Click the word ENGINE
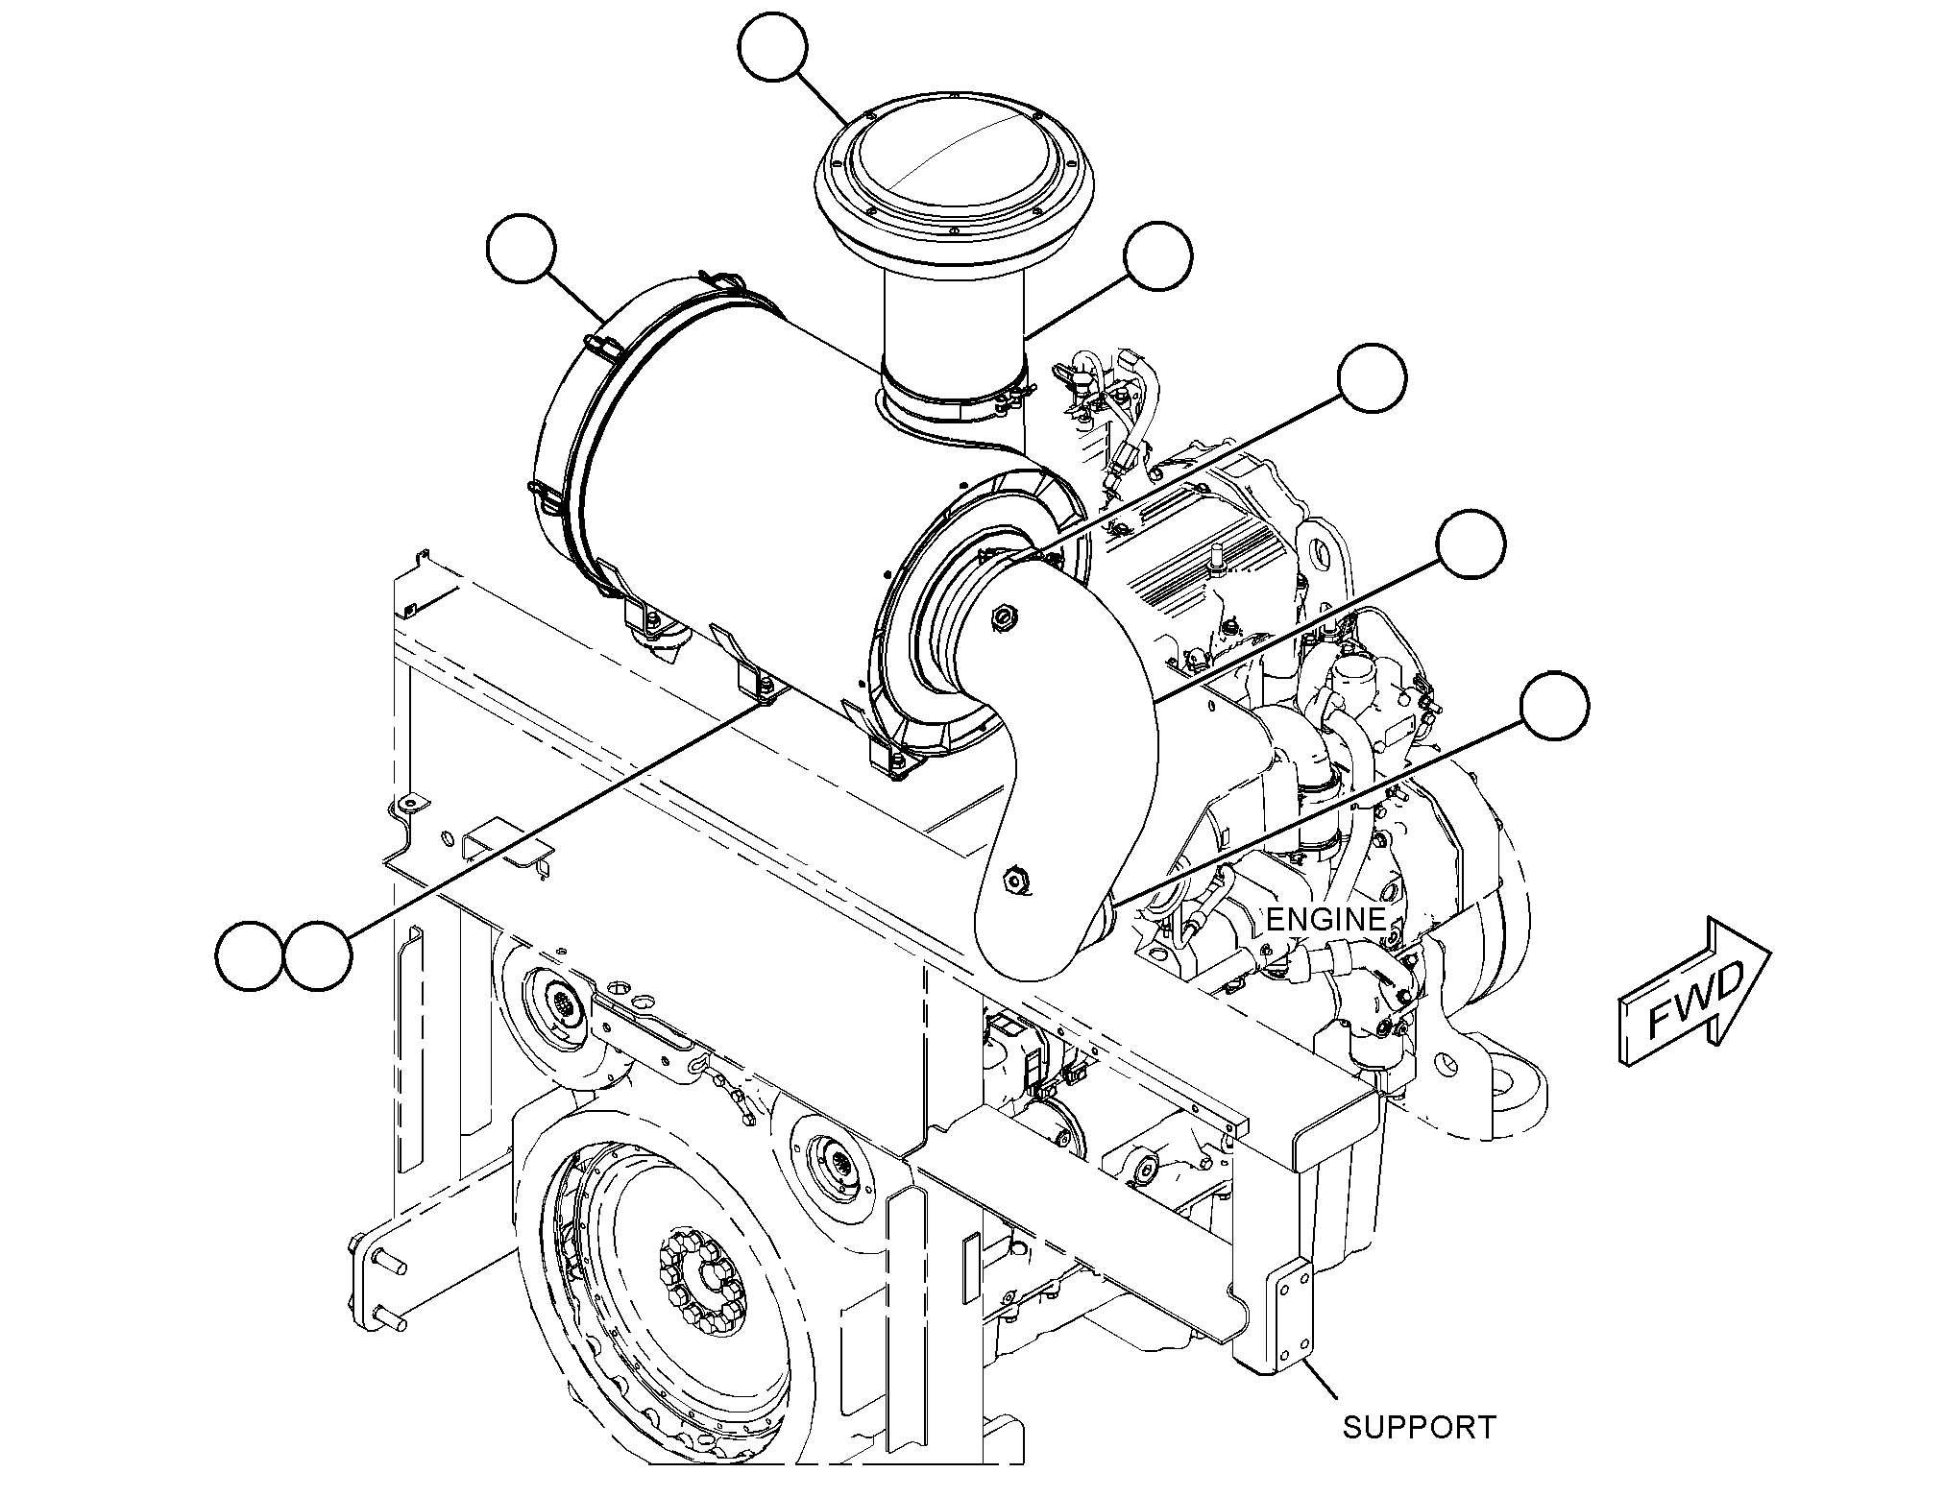(x=1325, y=919)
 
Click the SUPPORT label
(x=1420, y=1427)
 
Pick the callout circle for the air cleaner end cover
(x=522, y=250)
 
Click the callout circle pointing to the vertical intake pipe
(x=1158, y=256)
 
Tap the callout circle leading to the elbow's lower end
(x=1555, y=706)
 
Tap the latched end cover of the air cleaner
(x=567, y=432)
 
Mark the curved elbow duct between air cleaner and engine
(x=1066, y=787)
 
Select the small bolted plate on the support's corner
(x=1291, y=1312)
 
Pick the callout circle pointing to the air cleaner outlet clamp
(x=1373, y=378)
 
